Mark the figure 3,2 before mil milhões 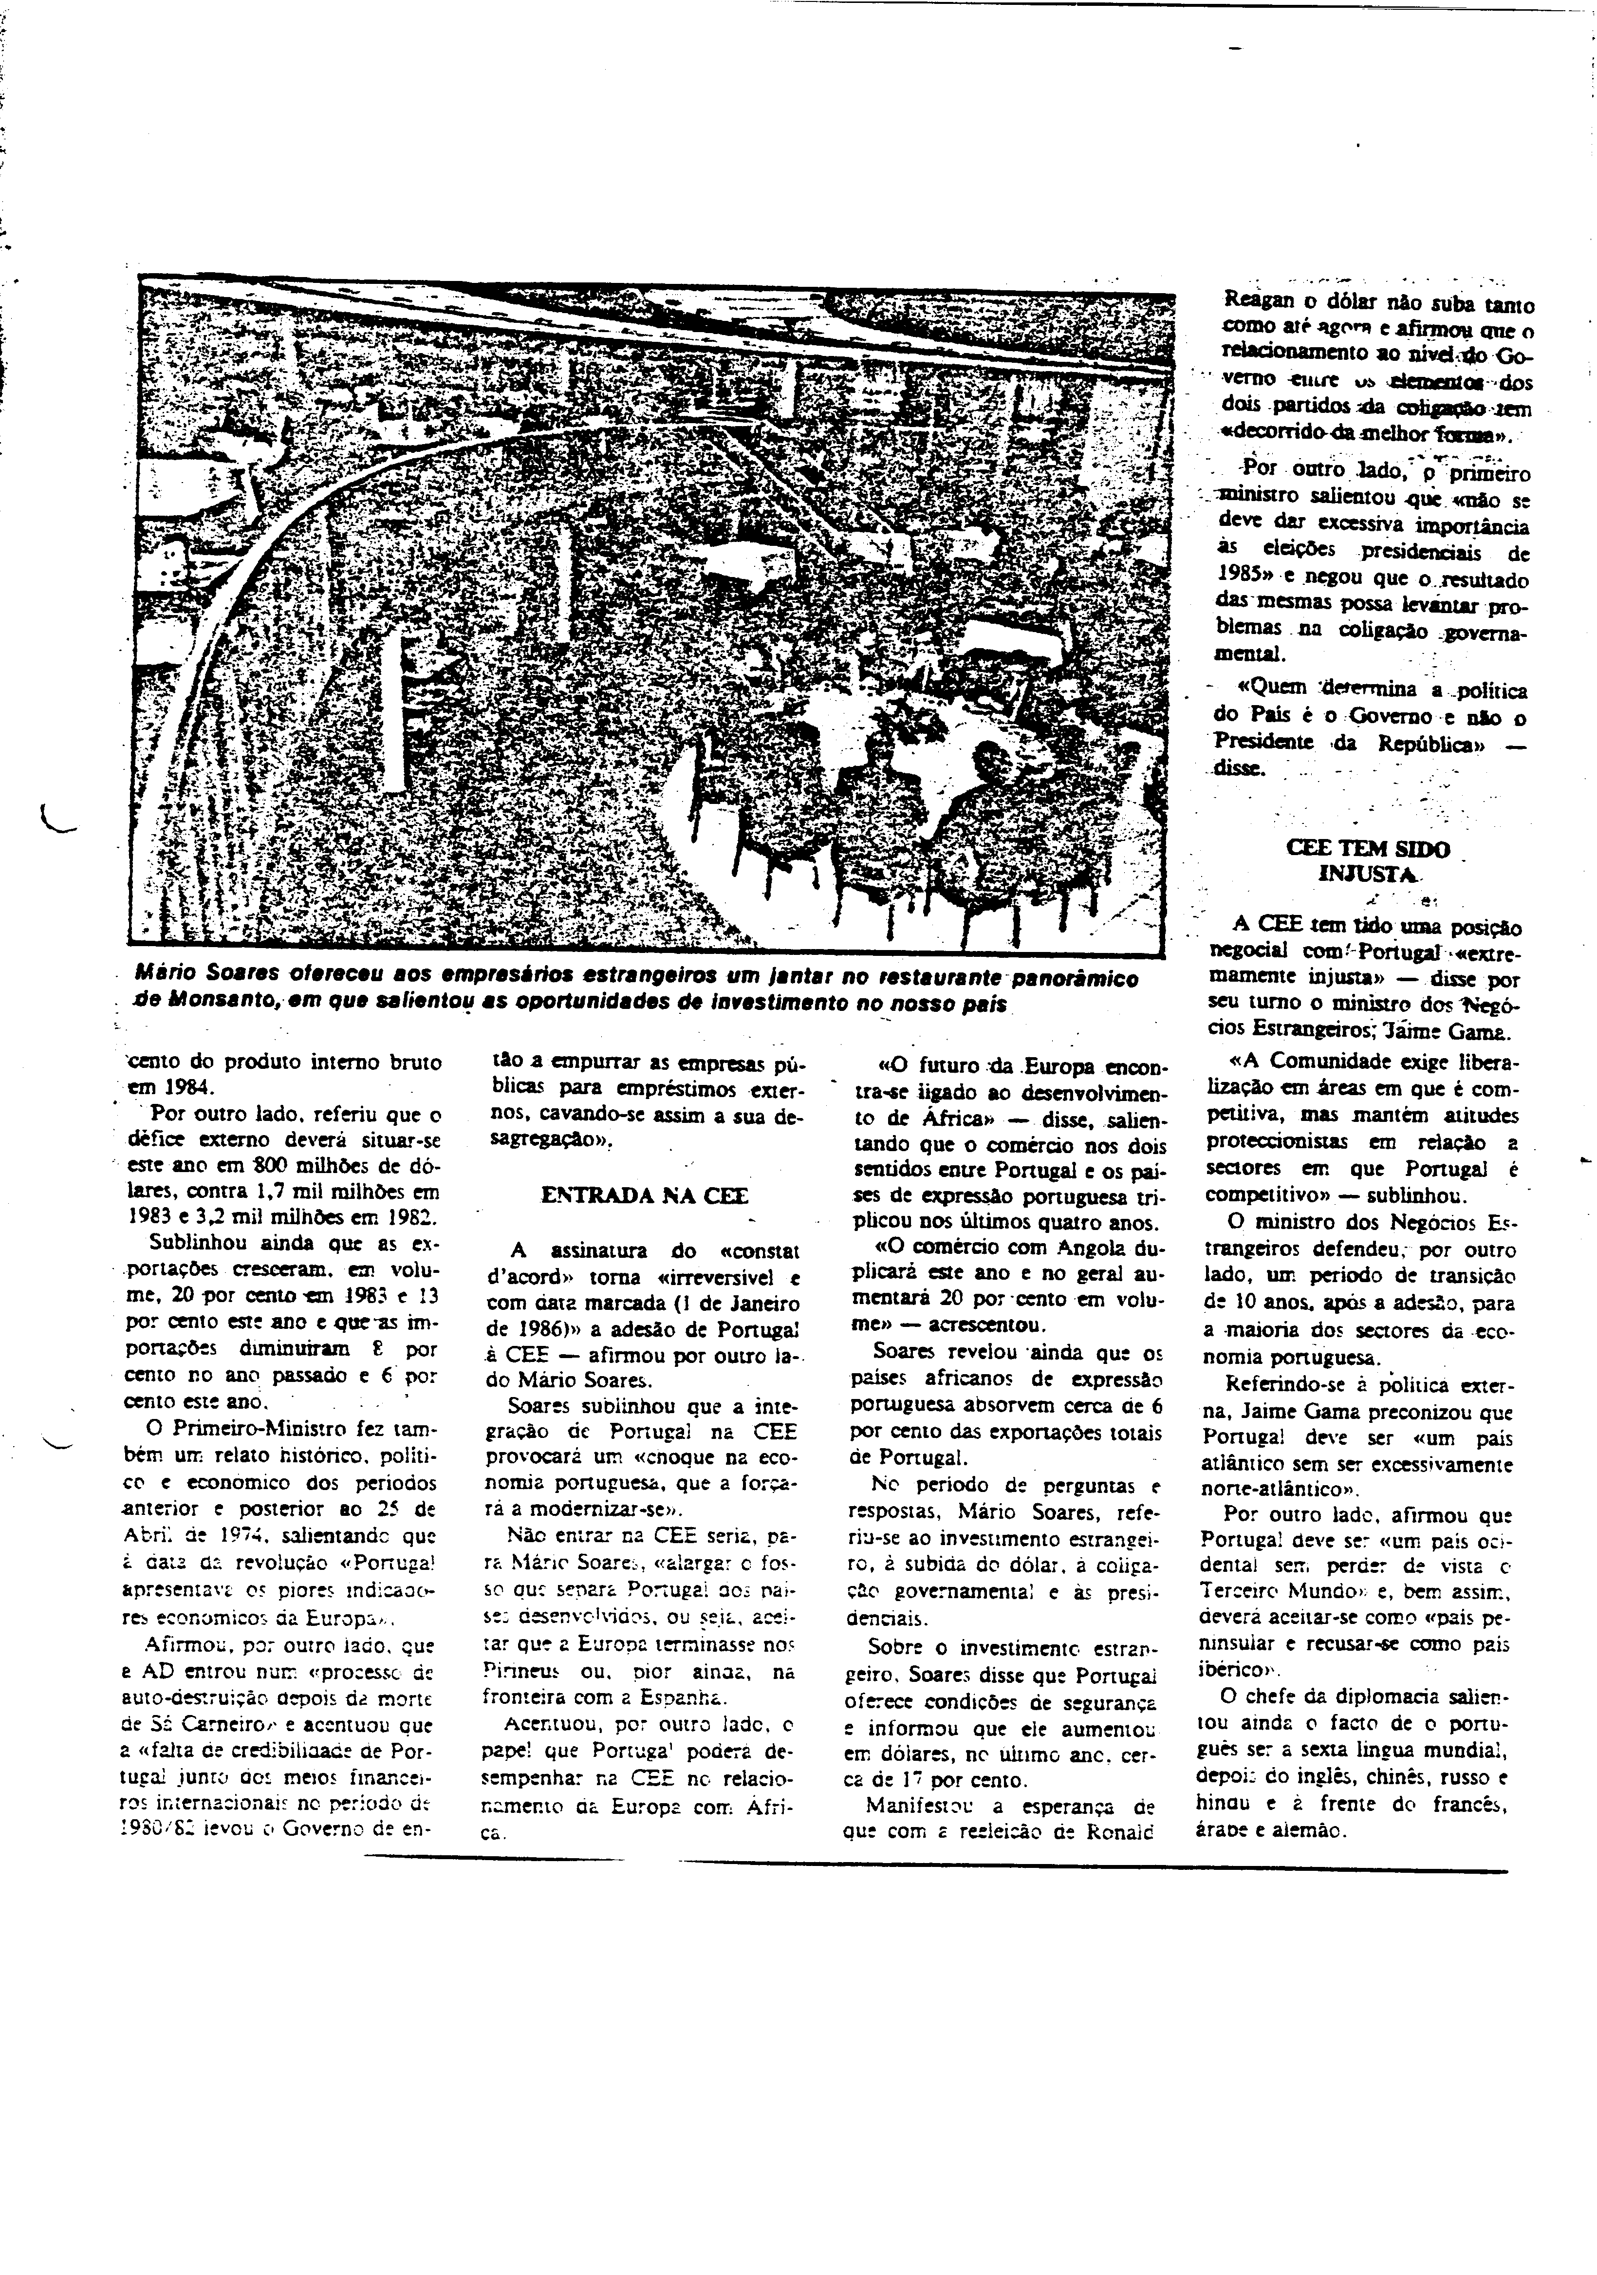tap(230, 1219)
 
